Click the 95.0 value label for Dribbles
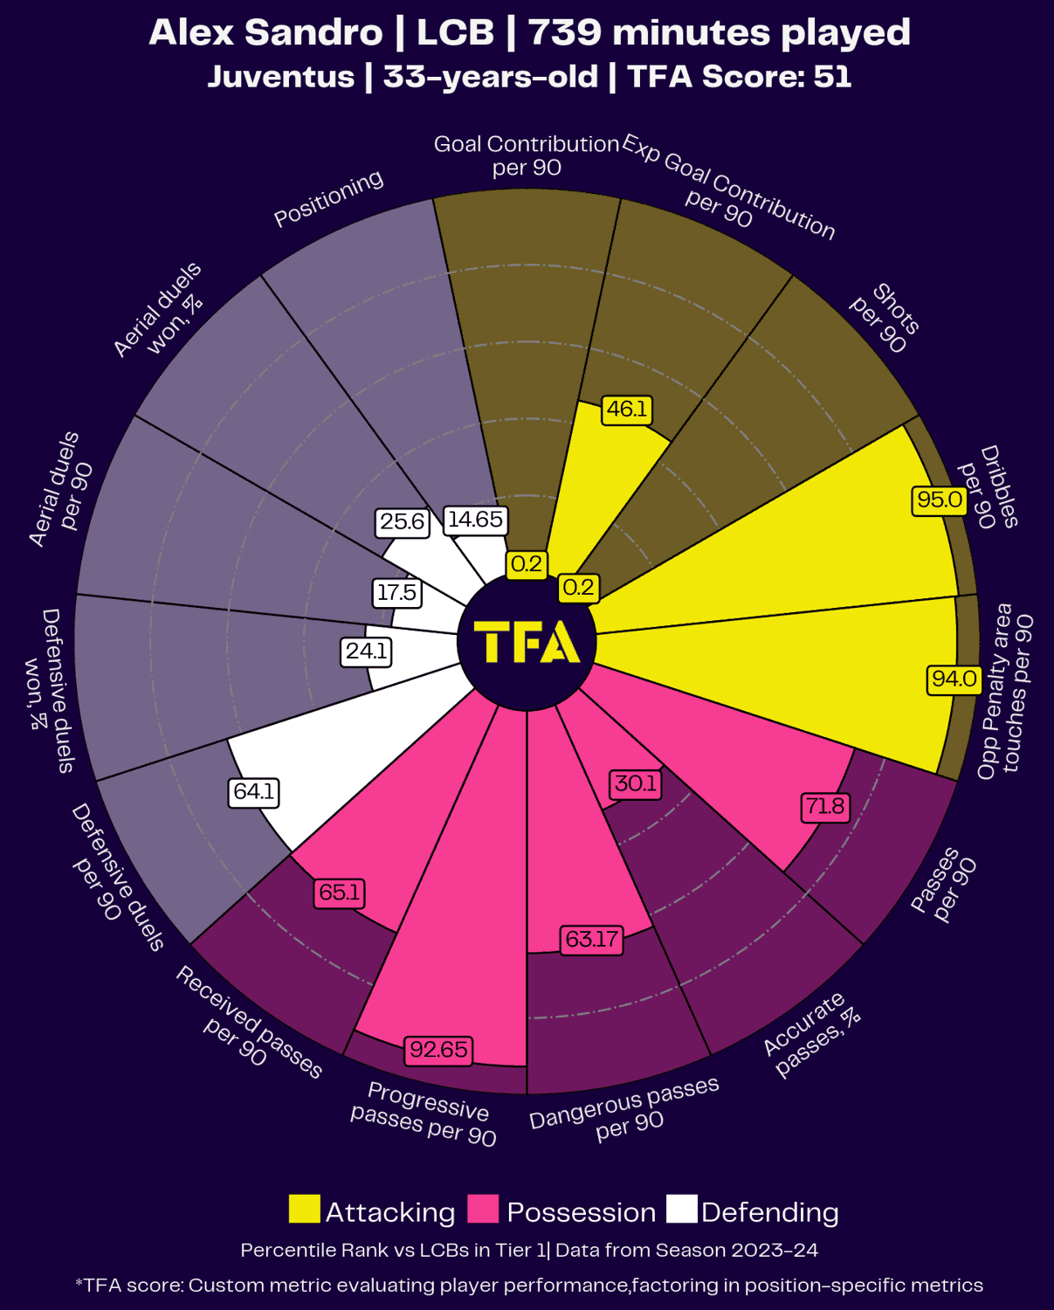[x=940, y=500]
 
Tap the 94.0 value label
[x=954, y=679]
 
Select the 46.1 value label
[x=627, y=410]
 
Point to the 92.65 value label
[x=438, y=1049]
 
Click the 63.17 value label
[x=591, y=940]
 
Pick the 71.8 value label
[x=825, y=806]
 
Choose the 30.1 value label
[x=635, y=783]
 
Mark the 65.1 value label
[x=339, y=893]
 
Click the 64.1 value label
[x=254, y=792]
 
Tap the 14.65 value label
[x=475, y=520]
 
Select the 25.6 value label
[x=402, y=522]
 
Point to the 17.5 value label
[x=396, y=593]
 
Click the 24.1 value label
[x=366, y=652]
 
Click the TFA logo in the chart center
[x=527, y=642]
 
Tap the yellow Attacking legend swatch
[x=304, y=1210]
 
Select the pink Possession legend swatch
[x=483, y=1210]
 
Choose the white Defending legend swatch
[x=681, y=1210]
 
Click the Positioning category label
[x=328, y=198]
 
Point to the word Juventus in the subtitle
[x=281, y=77]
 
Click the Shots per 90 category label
[x=884, y=319]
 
